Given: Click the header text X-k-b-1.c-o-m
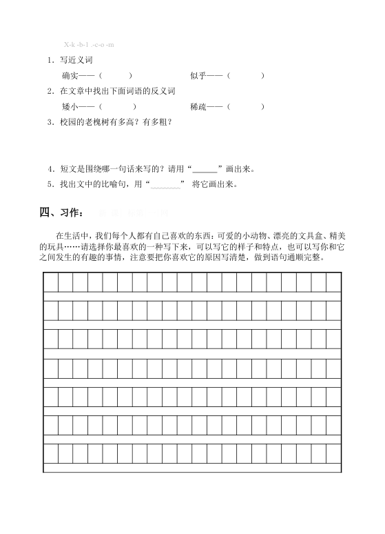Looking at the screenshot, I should point(89,45).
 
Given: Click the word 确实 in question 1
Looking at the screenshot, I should point(70,75).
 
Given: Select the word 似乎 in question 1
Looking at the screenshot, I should point(198,75).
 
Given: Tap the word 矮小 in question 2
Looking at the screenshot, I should point(70,106).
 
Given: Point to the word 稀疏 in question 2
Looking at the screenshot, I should point(198,106).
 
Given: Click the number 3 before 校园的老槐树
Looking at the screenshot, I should point(50,122).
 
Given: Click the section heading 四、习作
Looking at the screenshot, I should point(62,212).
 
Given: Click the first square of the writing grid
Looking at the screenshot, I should point(50,282).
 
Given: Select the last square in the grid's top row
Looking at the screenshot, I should point(333,282).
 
